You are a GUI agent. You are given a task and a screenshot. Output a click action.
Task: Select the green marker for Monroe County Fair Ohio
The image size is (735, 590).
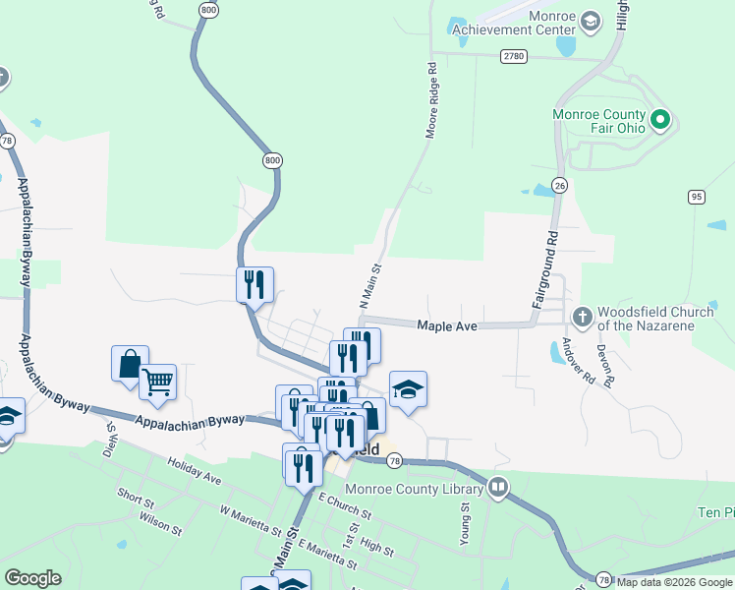660,121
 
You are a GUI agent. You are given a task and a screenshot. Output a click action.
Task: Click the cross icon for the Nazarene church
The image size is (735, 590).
581,316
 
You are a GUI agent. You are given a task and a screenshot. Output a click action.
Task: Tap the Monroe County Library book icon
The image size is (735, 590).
498,487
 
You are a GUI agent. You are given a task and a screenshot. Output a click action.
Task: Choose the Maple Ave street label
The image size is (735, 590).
447,324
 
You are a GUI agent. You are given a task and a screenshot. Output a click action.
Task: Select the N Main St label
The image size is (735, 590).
370,286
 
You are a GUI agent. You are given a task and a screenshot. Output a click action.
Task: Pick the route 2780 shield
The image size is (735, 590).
512,57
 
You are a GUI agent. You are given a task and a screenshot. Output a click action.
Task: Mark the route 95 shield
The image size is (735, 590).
697,197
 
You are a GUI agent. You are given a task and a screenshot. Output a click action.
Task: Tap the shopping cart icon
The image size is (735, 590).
157,381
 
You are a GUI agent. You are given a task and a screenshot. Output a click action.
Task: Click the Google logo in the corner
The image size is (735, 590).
32,578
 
